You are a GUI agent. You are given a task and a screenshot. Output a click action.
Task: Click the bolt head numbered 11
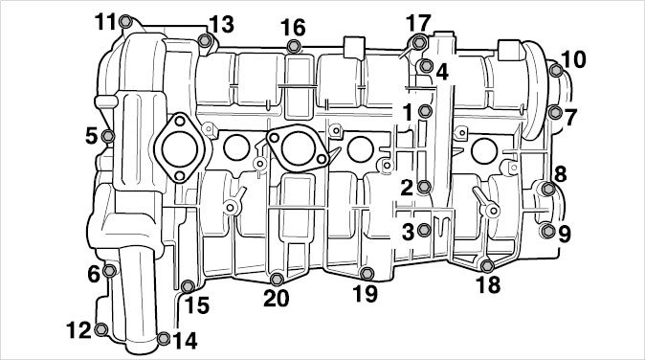tap(125, 21)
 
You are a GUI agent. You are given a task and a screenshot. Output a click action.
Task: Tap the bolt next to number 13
tap(205, 41)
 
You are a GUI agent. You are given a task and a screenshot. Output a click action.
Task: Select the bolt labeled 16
tap(293, 46)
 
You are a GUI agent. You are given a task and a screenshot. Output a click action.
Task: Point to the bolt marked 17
tap(419, 42)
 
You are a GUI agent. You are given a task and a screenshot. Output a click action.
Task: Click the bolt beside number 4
tap(426, 65)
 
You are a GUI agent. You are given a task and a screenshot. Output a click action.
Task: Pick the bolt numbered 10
tap(556, 70)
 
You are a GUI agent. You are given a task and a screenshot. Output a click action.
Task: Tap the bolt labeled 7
tap(555, 111)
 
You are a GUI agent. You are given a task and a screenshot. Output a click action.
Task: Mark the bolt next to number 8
tap(548, 189)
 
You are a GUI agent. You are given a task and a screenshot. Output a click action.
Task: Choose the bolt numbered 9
tap(547, 231)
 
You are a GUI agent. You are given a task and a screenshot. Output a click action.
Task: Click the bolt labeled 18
tap(487, 266)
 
